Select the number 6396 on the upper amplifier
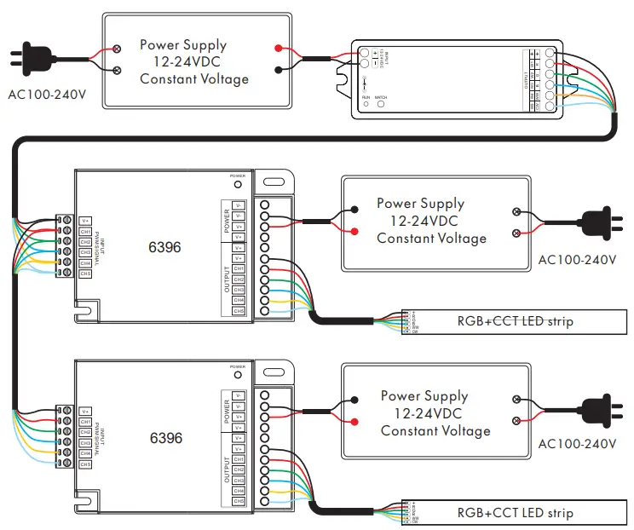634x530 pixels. click(165, 247)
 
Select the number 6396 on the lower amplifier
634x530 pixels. click(165, 438)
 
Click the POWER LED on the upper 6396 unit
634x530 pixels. click(238, 183)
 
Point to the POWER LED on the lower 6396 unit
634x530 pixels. click(238, 374)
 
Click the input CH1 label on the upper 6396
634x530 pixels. click(85, 231)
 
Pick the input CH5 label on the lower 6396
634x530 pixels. click(85, 464)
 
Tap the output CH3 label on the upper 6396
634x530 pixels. click(239, 290)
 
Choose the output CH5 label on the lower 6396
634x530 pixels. click(239, 501)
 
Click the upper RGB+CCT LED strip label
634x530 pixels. click(515, 321)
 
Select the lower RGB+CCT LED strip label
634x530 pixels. click(515, 513)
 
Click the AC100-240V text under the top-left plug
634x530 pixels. click(47, 94)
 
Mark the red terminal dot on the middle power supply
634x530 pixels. click(352, 230)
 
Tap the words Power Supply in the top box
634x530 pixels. click(183, 44)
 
